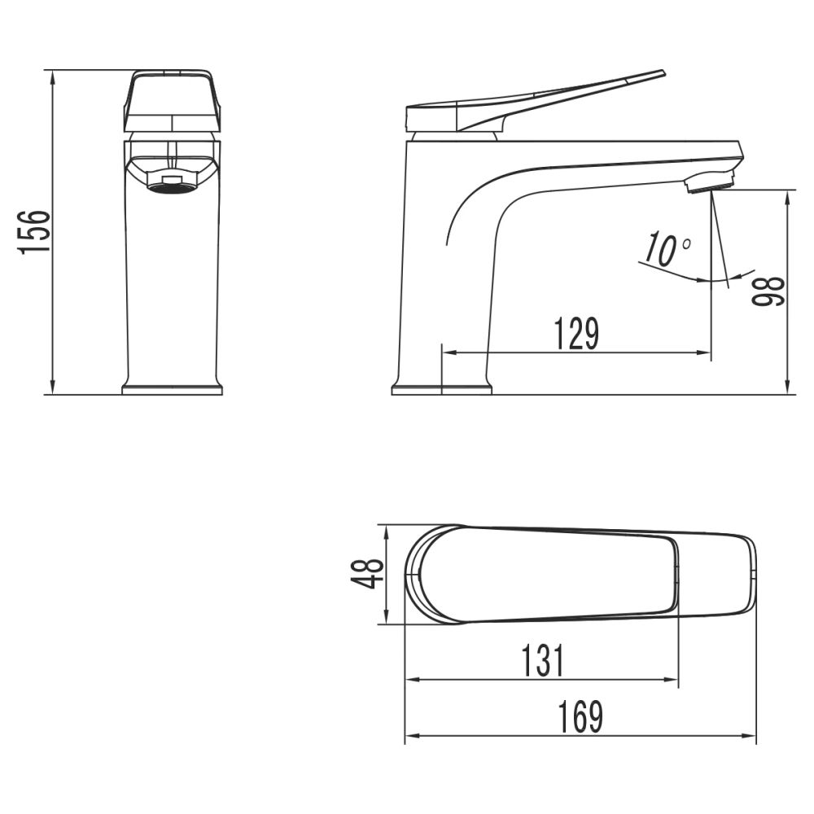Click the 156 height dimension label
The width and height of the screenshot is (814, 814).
[36, 232]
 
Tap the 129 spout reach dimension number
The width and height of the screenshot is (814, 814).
[576, 335]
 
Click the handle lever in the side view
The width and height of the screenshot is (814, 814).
[554, 98]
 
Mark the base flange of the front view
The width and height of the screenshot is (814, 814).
[172, 389]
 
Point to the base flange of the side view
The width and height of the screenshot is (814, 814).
[441, 389]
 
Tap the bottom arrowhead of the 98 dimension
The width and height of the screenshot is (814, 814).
[788, 388]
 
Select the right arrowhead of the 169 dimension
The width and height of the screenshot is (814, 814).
[751, 737]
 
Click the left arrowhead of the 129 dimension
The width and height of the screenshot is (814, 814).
[448, 353]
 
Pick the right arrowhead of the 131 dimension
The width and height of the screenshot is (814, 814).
[672, 679]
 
